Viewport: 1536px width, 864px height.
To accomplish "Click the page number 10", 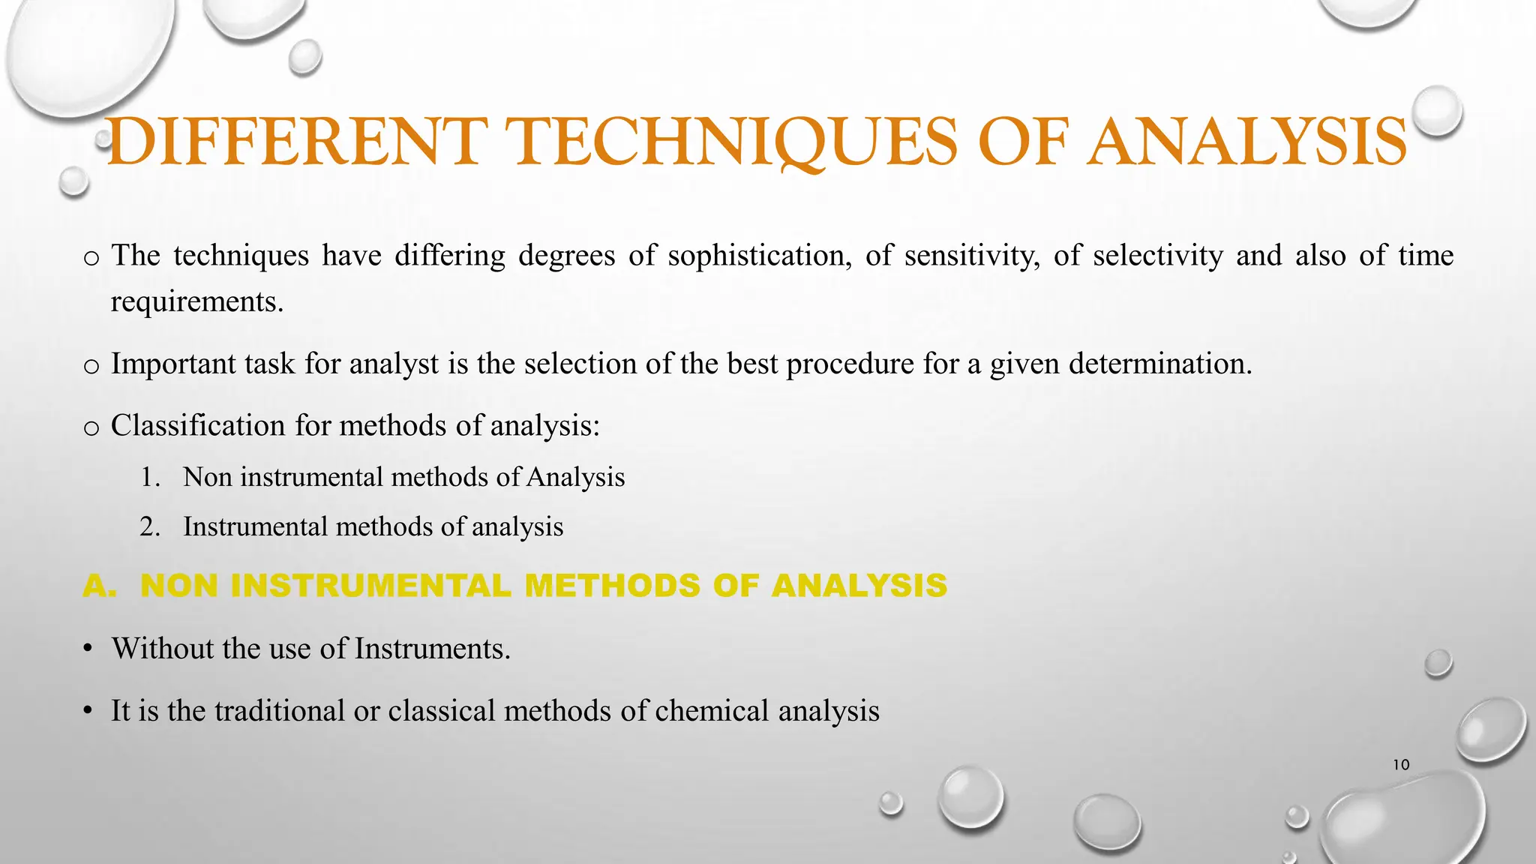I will [x=1401, y=765].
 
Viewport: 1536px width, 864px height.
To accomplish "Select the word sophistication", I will [x=759, y=256].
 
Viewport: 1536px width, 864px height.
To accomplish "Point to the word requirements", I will [x=197, y=302].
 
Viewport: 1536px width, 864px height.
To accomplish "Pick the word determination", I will [x=1160, y=364].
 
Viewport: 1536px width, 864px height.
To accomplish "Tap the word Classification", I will [x=198, y=426].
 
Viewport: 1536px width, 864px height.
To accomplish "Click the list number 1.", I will [x=149, y=477].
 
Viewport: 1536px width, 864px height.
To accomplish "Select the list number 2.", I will [x=149, y=526].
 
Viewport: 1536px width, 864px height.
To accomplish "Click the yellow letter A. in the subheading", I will [x=100, y=586].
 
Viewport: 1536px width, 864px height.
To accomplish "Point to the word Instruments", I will [x=432, y=649].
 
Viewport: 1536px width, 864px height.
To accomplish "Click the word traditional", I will [x=279, y=711].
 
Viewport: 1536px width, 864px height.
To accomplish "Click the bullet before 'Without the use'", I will [x=88, y=649].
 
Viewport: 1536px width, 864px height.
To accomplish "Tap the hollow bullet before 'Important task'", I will [x=91, y=367].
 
